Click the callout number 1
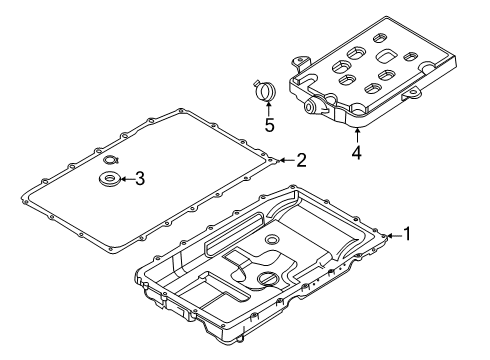coord(409,235)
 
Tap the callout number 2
coord(300,159)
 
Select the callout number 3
coord(140,179)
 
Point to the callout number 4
coord(357,153)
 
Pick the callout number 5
coord(269,125)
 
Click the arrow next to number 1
coord(392,235)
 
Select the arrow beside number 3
coord(124,179)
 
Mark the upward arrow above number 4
coord(357,135)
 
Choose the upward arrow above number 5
coord(269,108)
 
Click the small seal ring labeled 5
coord(265,91)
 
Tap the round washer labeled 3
coord(107,179)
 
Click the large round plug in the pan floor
coord(268,281)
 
